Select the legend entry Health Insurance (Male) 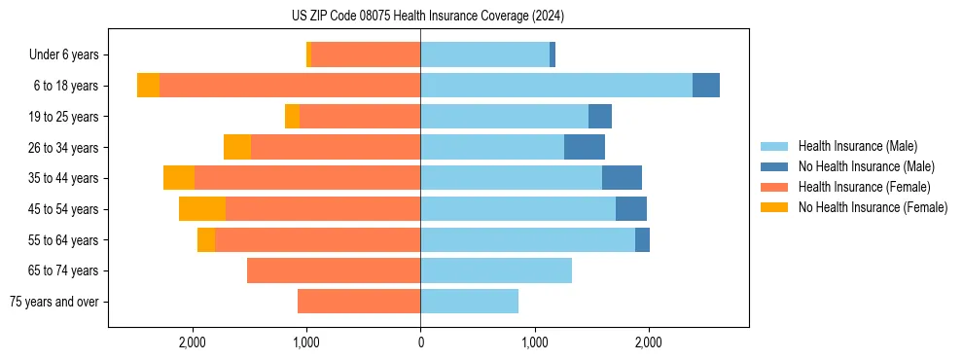tap(857, 146)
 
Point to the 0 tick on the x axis tap(420, 342)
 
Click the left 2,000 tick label tap(193, 342)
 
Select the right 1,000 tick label tap(534, 342)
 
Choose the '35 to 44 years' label tap(63, 178)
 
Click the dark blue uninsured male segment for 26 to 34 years tap(585, 147)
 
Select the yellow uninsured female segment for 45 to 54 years tap(202, 208)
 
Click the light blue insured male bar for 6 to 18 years tap(556, 86)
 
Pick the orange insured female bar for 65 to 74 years tap(334, 270)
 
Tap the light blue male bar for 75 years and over tap(469, 302)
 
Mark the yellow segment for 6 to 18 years tap(148, 86)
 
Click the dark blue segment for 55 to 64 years tap(642, 239)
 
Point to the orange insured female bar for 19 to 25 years tap(360, 117)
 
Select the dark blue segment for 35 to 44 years tap(622, 178)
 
